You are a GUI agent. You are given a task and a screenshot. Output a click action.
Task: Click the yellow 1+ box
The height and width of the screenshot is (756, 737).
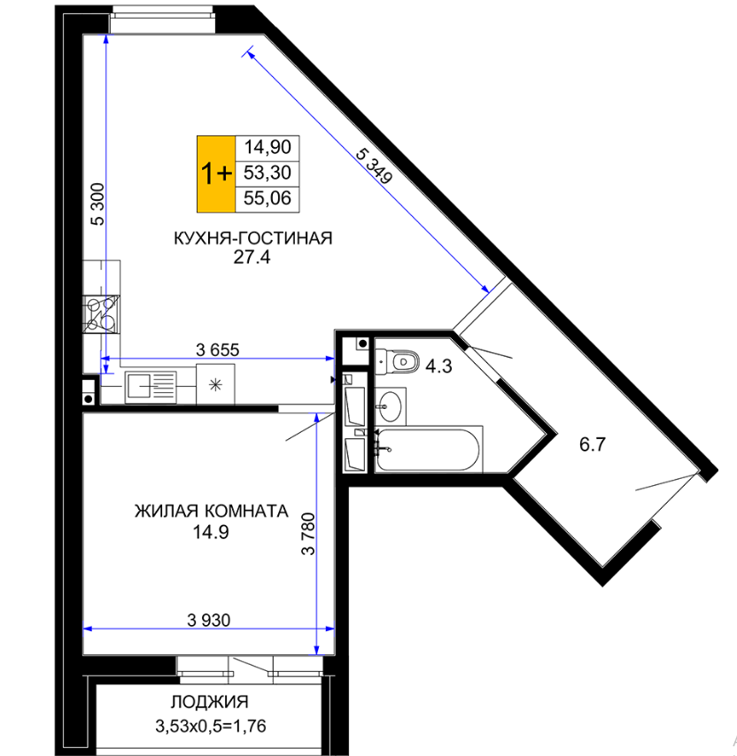pyautogui.click(x=216, y=174)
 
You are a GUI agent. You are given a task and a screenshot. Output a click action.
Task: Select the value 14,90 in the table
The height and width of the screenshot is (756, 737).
pyautogui.click(x=268, y=147)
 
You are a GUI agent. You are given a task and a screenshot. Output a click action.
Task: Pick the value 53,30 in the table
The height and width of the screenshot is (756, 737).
pyautogui.click(x=268, y=173)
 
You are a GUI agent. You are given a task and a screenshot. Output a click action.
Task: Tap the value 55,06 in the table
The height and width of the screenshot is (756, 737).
pyautogui.click(x=268, y=198)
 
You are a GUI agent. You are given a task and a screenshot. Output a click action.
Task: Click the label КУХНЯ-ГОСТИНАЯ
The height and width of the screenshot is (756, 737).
pyautogui.click(x=253, y=238)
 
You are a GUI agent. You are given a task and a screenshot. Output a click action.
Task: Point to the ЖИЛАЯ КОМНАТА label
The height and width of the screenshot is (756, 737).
pyautogui.click(x=211, y=511)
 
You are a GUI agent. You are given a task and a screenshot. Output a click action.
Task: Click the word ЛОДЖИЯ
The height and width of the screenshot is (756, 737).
pyautogui.click(x=210, y=702)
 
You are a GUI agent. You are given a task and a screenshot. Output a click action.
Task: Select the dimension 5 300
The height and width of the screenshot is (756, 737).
pyautogui.click(x=97, y=204)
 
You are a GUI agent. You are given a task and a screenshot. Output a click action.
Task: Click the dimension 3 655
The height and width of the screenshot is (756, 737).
pyautogui.click(x=218, y=350)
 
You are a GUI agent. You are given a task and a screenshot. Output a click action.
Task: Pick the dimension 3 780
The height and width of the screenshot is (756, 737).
pyautogui.click(x=308, y=534)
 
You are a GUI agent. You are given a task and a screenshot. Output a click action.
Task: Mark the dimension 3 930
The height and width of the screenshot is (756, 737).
pyautogui.click(x=209, y=620)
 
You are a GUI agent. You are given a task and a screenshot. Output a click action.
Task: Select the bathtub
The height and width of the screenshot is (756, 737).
pyautogui.click(x=429, y=450)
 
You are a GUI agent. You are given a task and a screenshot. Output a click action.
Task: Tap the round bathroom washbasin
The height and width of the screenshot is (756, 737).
pyautogui.click(x=391, y=406)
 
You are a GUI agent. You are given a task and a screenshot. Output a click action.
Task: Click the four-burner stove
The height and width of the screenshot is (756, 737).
pyautogui.click(x=101, y=314)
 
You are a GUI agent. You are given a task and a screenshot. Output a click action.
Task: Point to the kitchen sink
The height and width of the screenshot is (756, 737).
pyautogui.click(x=151, y=387)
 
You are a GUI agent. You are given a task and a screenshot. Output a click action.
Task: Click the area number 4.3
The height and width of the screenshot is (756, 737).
pyautogui.click(x=438, y=366)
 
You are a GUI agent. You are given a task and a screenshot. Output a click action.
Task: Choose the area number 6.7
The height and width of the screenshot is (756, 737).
pyautogui.click(x=593, y=444)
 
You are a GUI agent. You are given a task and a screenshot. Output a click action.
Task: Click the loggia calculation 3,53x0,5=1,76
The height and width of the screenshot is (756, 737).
pyautogui.click(x=211, y=726)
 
